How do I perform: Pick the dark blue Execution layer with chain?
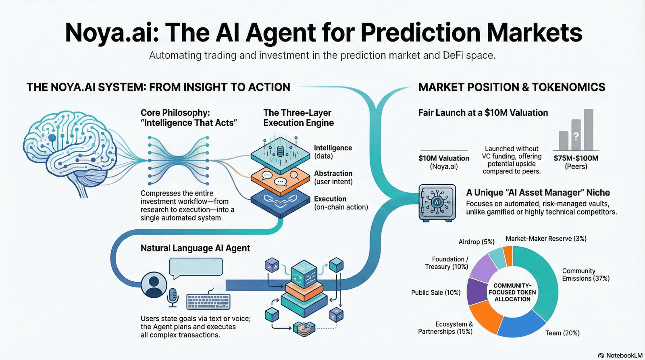click(x=280, y=200)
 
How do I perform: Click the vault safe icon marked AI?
click(x=437, y=203)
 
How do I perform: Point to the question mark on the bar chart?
click(x=576, y=136)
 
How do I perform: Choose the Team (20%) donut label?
click(x=562, y=333)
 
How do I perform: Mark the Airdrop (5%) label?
click(x=476, y=242)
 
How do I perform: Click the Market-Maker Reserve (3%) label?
click(x=546, y=239)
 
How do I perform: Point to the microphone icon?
click(x=173, y=296)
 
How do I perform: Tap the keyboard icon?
click(x=208, y=301)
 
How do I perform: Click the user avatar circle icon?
click(x=154, y=285)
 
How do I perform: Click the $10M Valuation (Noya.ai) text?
click(x=444, y=162)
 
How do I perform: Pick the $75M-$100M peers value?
click(x=576, y=158)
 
